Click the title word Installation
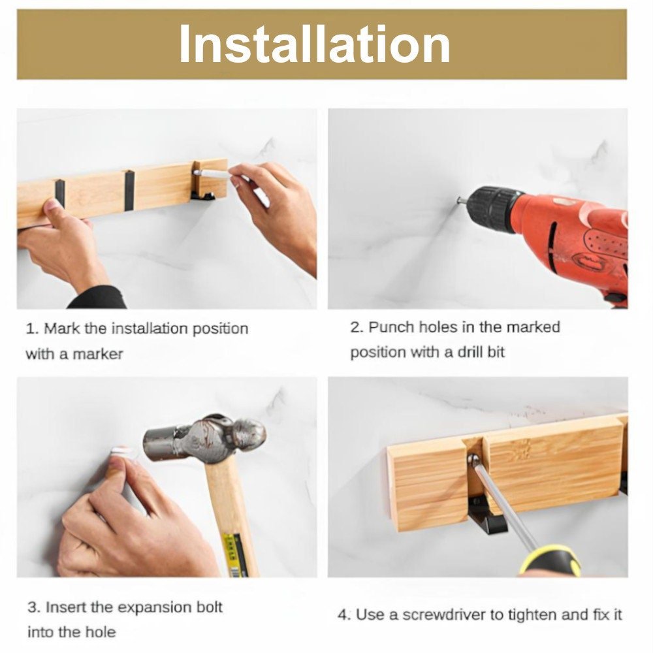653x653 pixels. (315, 44)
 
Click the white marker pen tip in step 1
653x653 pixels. (196, 172)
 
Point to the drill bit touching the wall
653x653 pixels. (462, 200)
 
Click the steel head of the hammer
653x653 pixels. (204, 439)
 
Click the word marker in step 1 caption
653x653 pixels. (98, 354)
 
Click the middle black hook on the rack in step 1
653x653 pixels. (129, 190)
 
